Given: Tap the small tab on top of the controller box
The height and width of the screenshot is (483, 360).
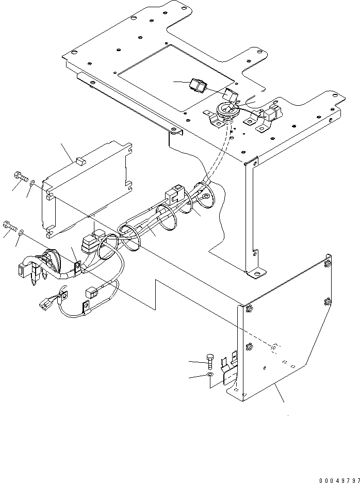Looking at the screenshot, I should pos(79,160).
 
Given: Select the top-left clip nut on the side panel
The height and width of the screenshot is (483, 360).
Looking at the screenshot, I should pos(249,309).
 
